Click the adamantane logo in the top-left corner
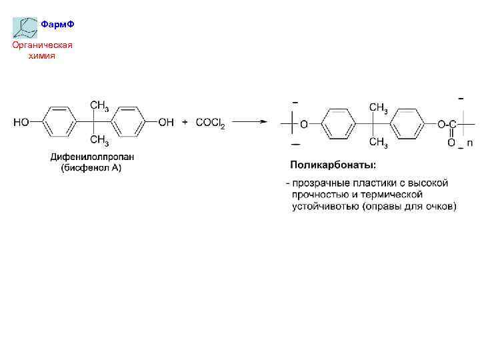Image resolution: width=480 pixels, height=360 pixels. tap(25, 26)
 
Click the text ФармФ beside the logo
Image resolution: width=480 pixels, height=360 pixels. tap(57, 25)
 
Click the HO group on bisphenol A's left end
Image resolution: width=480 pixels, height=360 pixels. tap(21, 122)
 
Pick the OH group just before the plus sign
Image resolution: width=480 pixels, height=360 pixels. tap(166, 122)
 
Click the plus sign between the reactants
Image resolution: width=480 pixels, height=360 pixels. tap(185, 122)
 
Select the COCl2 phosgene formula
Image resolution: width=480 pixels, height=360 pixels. tap(210, 123)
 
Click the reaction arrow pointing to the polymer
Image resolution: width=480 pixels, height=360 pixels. tap(249, 122)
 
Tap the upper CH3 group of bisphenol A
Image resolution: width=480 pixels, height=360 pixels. tap(99, 105)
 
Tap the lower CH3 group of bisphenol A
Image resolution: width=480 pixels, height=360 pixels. tap(99, 139)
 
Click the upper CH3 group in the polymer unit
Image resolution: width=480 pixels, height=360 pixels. tap(379, 107)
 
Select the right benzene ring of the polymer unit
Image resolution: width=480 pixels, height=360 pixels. tap(407, 124)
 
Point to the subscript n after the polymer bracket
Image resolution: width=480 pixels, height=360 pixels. tap(469, 143)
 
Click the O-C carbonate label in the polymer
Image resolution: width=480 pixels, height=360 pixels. tap(447, 125)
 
